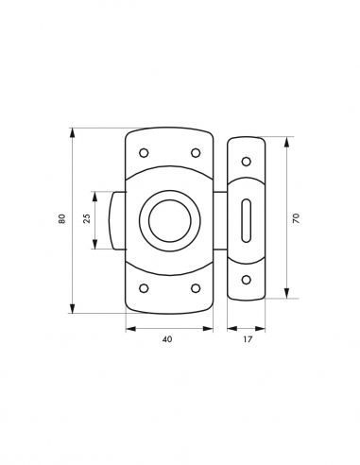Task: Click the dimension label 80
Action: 62,218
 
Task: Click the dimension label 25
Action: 87,218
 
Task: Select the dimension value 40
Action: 167,339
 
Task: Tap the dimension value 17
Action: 248,339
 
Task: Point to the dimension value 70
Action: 296,218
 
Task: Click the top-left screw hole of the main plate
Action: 144,153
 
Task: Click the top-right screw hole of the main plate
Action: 196,153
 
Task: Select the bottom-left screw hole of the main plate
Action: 144,288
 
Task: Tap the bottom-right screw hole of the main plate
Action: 196,288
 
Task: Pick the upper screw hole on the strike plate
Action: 246,162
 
